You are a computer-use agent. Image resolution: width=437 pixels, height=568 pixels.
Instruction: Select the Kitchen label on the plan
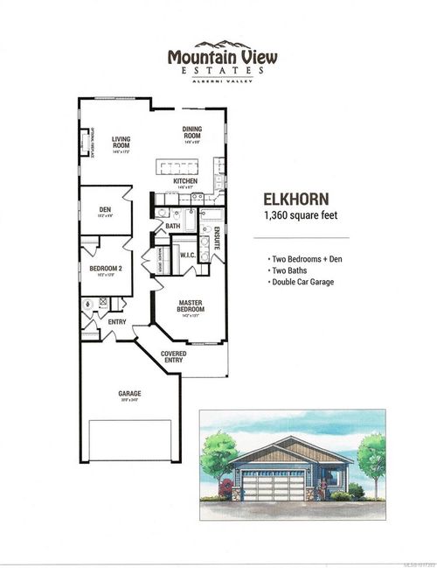(x=184, y=182)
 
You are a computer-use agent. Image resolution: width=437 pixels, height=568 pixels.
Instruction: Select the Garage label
(x=129, y=395)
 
